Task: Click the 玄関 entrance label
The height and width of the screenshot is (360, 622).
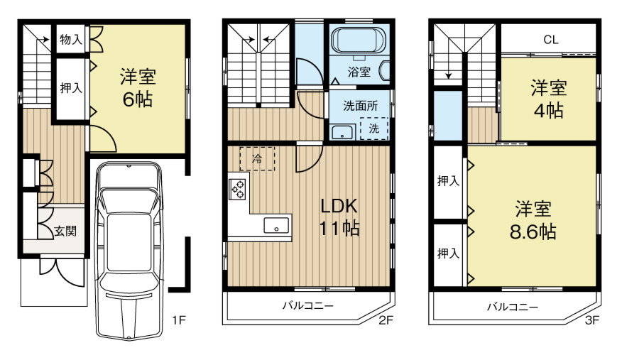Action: click(x=65, y=231)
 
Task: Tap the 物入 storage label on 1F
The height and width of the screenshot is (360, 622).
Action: click(x=70, y=39)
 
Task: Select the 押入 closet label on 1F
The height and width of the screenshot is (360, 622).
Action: click(x=70, y=88)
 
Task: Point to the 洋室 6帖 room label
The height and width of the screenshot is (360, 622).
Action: click(x=138, y=87)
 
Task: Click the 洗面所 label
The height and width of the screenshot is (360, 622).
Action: click(x=360, y=106)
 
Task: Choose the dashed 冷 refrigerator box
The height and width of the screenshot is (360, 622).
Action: click(x=257, y=158)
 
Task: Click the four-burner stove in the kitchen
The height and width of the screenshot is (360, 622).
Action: click(x=238, y=188)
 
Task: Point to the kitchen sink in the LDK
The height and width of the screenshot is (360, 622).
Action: click(x=277, y=226)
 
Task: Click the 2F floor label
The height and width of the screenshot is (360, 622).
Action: click(x=386, y=321)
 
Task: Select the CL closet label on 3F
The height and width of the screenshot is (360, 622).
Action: click(x=550, y=40)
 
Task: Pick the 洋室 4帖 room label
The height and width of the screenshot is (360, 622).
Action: click(x=549, y=99)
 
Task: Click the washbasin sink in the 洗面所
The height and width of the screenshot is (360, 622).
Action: click(x=343, y=131)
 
